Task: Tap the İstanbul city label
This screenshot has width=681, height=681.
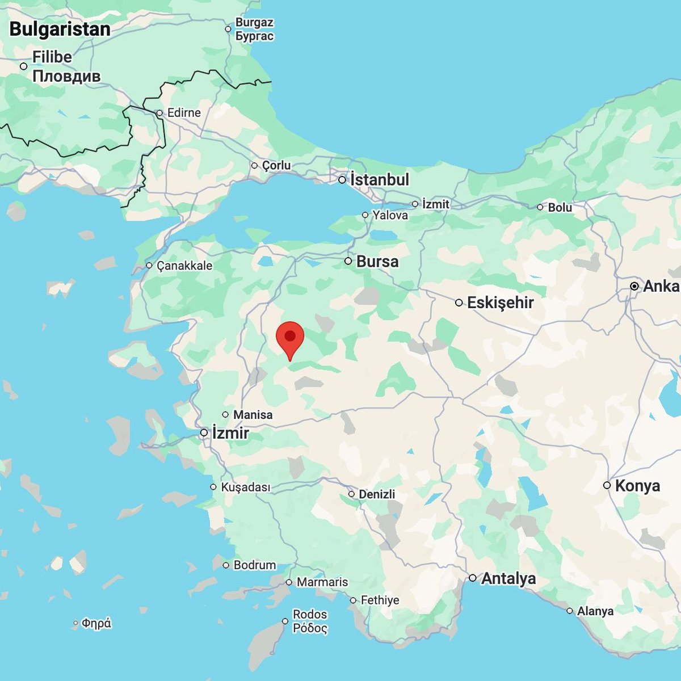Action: pos(379,180)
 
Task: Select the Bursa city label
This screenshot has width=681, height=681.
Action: pos(377,262)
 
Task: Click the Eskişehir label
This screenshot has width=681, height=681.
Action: pos(500,302)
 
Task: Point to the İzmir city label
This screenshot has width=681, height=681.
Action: pos(230,433)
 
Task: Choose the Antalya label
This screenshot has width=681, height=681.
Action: pos(508,578)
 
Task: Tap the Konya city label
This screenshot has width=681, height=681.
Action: pos(637,486)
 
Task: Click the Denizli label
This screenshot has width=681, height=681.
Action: pos(377,494)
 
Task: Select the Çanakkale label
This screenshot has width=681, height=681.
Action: pos(184,266)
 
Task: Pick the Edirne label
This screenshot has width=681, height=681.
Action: pos(184,113)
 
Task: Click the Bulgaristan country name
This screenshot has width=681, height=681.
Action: pos(60,30)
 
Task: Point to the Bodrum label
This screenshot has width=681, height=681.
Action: pos(255,565)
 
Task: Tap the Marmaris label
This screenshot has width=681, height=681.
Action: pos(322,582)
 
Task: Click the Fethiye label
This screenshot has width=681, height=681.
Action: pos(380,600)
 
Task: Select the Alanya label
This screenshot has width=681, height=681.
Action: pos(595,611)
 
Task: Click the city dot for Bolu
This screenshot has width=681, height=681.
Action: pos(540,207)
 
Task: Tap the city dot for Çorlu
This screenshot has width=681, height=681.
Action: pos(254,166)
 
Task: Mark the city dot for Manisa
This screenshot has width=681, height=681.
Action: pos(225,415)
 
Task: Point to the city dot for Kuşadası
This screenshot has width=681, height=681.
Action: pos(213,487)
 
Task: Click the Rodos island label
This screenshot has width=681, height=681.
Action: pos(310,615)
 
